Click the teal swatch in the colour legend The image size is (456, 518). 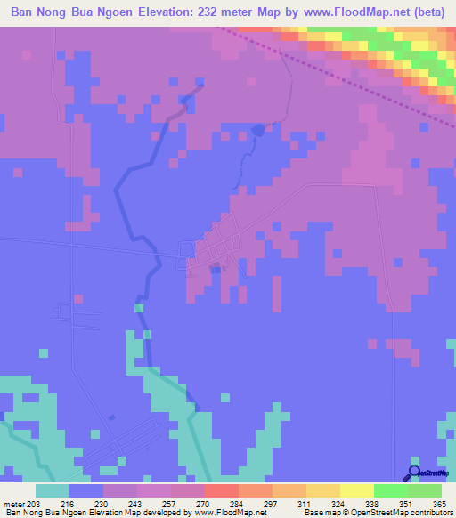coord(53,490)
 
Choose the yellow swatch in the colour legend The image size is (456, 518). coord(357,490)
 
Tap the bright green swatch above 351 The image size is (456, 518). coord(391,490)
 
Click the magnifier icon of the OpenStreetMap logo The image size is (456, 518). coord(414,473)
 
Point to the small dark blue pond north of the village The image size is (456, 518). coord(258,130)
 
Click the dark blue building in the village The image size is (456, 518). coord(213,268)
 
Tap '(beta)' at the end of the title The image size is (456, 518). coord(426,12)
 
